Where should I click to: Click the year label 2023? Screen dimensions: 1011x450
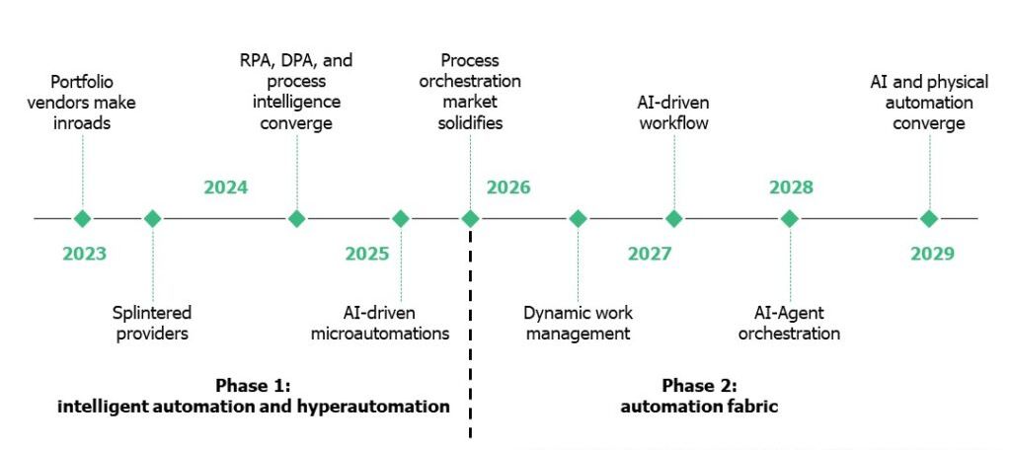(x=84, y=254)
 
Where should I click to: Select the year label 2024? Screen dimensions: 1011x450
(x=226, y=187)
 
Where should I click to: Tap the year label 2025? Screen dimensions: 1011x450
(x=367, y=254)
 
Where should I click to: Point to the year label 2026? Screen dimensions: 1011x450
(x=508, y=187)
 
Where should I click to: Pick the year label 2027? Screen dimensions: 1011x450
(x=650, y=254)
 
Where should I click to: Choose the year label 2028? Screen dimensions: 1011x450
(x=791, y=187)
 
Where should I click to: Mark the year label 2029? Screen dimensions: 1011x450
(x=932, y=254)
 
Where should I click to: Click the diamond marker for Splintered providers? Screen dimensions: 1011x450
(x=152, y=218)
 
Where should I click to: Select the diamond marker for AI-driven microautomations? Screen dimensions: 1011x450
(x=401, y=218)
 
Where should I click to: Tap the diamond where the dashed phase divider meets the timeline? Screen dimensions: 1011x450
(x=470, y=218)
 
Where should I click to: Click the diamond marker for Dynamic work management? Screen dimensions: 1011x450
(x=578, y=218)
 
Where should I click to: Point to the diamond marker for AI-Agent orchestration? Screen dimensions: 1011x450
(x=789, y=218)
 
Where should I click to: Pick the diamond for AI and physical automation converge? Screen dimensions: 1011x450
(x=928, y=218)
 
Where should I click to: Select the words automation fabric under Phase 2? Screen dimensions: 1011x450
(x=699, y=407)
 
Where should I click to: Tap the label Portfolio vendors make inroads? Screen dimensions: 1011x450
(x=82, y=103)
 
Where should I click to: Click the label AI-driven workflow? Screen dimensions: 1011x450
(x=673, y=112)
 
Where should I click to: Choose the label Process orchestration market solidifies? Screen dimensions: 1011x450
(x=470, y=92)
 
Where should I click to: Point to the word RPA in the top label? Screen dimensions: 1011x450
(x=254, y=60)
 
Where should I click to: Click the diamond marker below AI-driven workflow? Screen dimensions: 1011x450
(x=673, y=218)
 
